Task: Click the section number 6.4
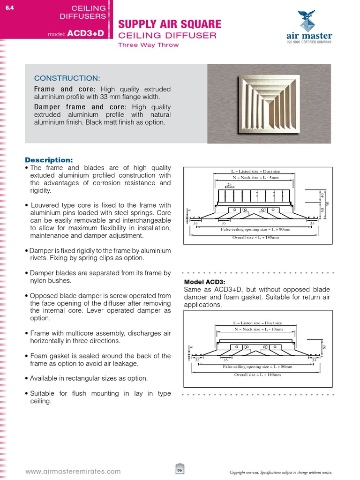coord(9,7)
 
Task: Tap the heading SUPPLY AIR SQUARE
coord(169,24)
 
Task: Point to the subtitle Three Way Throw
coord(148,45)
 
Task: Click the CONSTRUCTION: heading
coord(67,78)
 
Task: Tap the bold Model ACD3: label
coord(205,282)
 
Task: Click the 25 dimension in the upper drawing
coord(230,184)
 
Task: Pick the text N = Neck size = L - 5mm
coord(255,178)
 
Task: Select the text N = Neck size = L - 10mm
coord(257,330)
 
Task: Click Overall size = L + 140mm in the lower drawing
coord(257,375)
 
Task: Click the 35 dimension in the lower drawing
coord(225,360)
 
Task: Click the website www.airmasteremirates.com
coord(73,472)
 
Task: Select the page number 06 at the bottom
coord(180,471)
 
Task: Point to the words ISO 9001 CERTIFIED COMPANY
coord(309,42)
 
